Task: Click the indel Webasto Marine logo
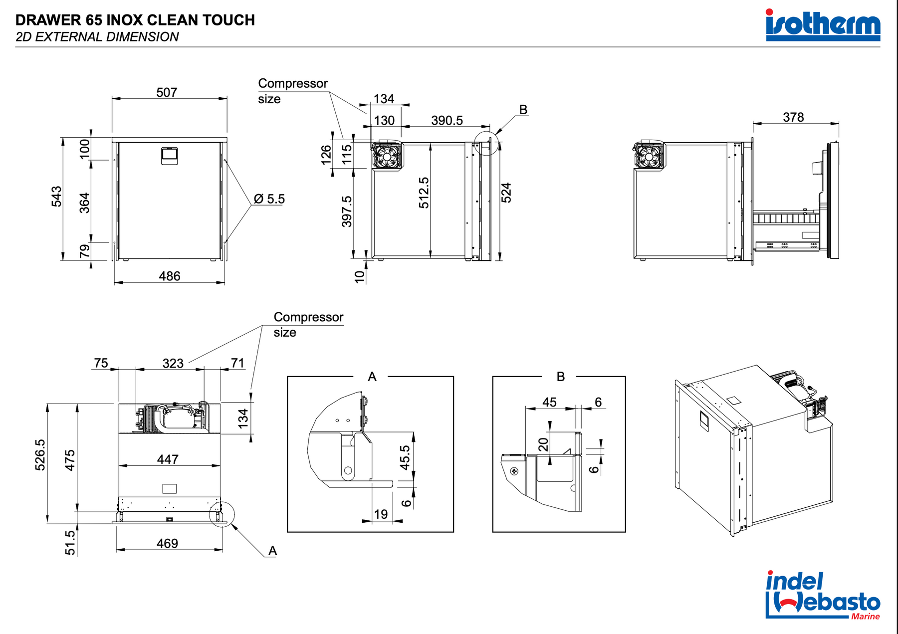(823, 595)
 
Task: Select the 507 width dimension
(167, 92)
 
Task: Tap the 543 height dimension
(57, 196)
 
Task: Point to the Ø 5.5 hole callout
(269, 199)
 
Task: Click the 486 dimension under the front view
(170, 276)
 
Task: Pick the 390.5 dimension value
(447, 120)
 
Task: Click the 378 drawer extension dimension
(793, 117)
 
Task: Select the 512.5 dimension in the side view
(424, 193)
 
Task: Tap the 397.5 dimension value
(347, 211)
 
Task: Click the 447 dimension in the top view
(168, 459)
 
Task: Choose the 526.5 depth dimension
(40, 455)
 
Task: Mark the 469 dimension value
(167, 543)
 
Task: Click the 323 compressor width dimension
(173, 363)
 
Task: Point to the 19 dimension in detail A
(381, 514)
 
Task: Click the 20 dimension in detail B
(543, 444)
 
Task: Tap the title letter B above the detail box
(560, 377)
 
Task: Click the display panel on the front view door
(170, 155)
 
